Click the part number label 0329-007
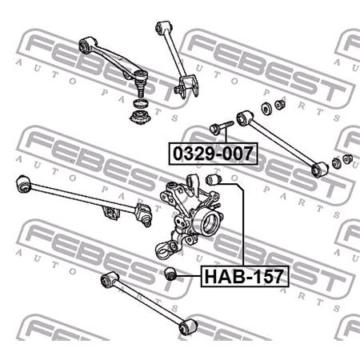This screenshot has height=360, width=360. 211,151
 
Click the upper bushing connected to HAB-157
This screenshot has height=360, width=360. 214,181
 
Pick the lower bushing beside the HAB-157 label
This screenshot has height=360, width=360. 169,276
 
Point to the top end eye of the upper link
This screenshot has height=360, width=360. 160,27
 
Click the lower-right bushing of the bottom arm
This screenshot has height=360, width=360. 188,328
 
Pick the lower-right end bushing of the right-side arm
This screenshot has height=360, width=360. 322,169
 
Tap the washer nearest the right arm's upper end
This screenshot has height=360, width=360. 266,109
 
